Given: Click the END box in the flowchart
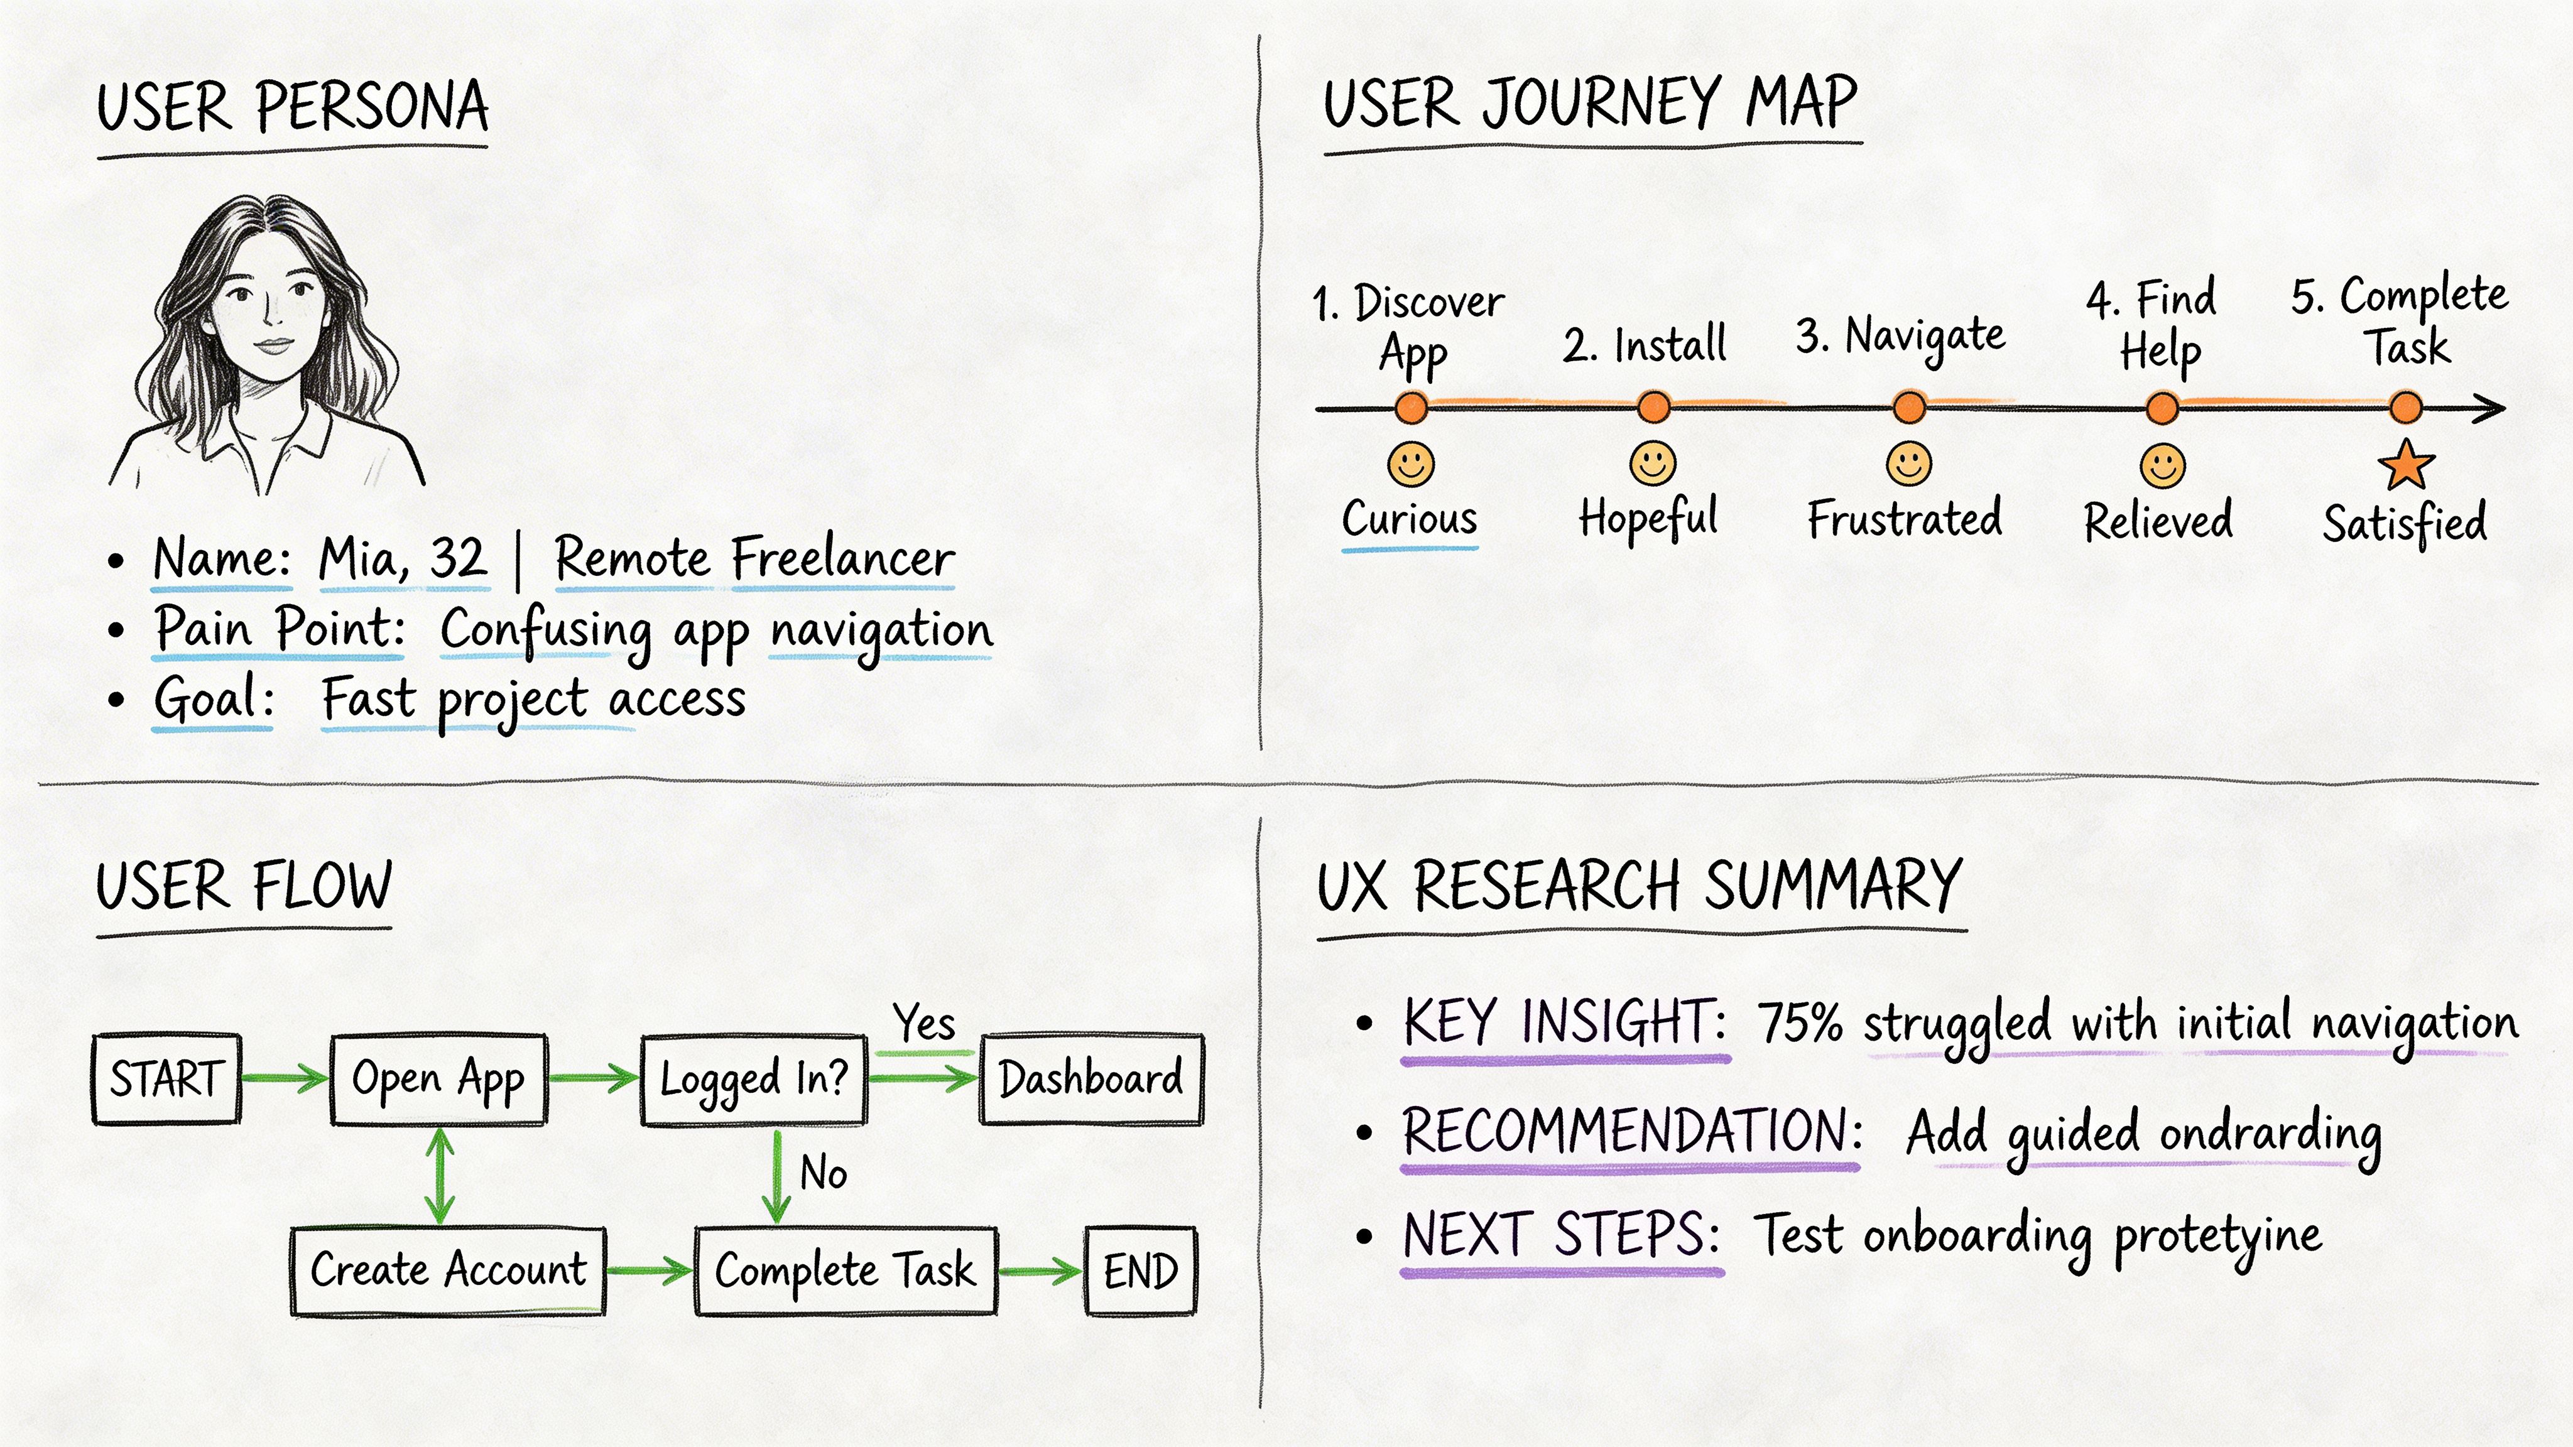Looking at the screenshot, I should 1140,1271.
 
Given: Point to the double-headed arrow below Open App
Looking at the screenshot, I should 440,1176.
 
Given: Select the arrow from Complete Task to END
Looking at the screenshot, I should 1039,1271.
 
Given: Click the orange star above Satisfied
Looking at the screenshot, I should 2405,465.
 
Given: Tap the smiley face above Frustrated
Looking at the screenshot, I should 1909,463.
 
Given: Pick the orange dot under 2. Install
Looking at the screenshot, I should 1654,408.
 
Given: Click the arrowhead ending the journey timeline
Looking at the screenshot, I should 2491,408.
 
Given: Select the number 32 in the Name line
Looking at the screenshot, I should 457,557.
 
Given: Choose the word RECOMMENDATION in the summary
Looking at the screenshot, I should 1630,1132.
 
